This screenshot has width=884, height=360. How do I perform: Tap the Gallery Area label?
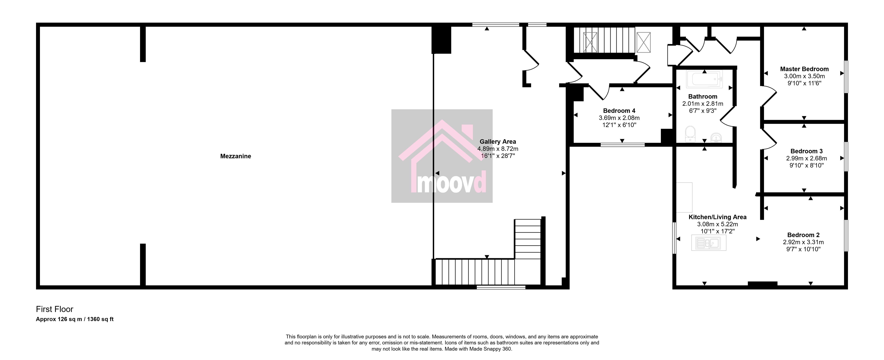(498, 141)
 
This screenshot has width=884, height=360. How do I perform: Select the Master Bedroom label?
(804, 69)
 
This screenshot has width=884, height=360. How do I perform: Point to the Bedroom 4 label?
(619, 111)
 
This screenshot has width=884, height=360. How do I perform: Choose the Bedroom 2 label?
(803, 235)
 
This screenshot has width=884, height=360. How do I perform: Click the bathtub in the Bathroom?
(704, 79)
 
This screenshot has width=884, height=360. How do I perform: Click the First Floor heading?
(54, 309)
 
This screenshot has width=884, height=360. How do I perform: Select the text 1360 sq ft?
(100, 319)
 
